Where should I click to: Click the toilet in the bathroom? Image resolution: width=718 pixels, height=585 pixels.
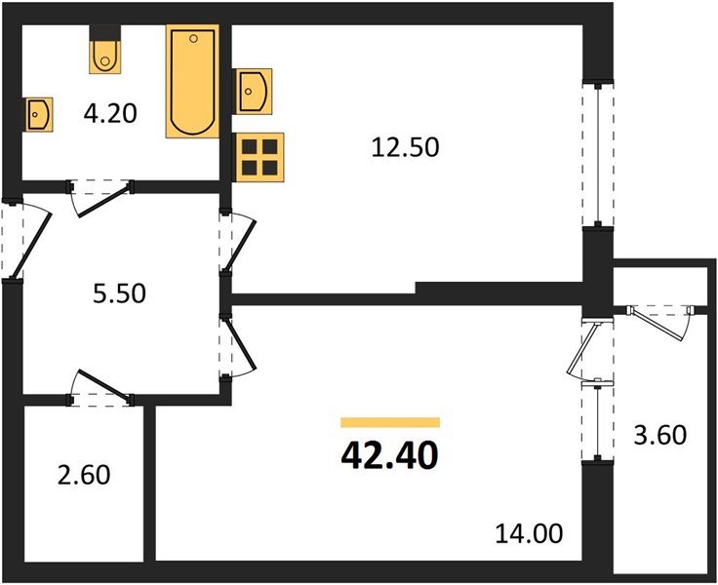point(104,57)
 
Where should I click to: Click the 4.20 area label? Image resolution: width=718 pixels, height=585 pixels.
point(109,113)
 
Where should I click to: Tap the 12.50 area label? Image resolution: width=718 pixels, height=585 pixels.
point(406,147)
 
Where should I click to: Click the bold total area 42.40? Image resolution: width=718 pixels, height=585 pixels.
point(389,454)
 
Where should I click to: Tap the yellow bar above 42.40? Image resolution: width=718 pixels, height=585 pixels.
point(389,422)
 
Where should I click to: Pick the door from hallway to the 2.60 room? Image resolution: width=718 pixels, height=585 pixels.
point(101,388)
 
